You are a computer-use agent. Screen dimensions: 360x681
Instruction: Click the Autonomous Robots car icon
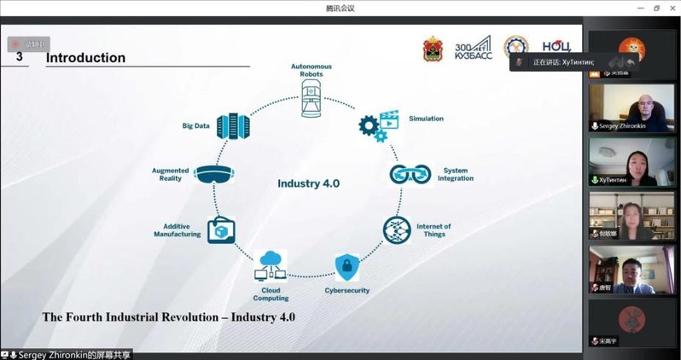[x=310, y=100]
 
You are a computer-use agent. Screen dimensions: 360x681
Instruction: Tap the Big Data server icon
[x=233, y=126]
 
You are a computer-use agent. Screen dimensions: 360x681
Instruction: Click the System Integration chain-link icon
[x=406, y=174]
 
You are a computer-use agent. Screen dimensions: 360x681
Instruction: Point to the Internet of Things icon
[x=396, y=229]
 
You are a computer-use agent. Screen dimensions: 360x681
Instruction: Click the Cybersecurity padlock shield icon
[x=346, y=267]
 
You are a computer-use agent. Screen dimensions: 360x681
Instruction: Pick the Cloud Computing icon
[x=271, y=265]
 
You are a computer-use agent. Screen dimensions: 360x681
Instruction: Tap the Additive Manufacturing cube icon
[x=221, y=229]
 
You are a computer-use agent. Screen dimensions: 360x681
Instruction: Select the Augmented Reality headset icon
[x=212, y=174]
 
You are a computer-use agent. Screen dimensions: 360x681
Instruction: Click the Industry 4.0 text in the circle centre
[x=309, y=183]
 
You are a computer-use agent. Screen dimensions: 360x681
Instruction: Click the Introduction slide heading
[x=85, y=58]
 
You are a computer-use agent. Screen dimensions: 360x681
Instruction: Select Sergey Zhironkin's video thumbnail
[x=633, y=110]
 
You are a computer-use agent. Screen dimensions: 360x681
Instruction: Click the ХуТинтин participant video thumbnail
[x=633, y=162]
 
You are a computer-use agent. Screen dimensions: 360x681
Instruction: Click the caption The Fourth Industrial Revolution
[x=168, y=316]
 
